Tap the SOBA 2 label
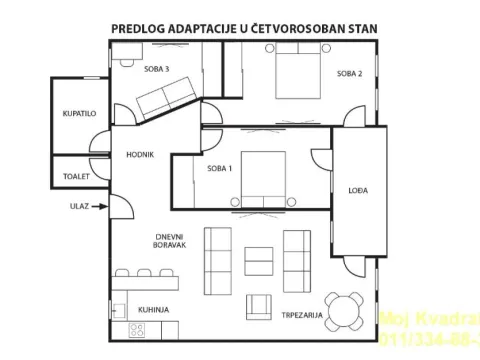click(x=348, y=74)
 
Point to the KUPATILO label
click(x=78, y=115)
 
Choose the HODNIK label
click(x=139, y=154)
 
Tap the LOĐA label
click(x=355, y=189)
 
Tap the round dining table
click(x=346, y=309)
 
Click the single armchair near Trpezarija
click(x=259, y=307)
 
